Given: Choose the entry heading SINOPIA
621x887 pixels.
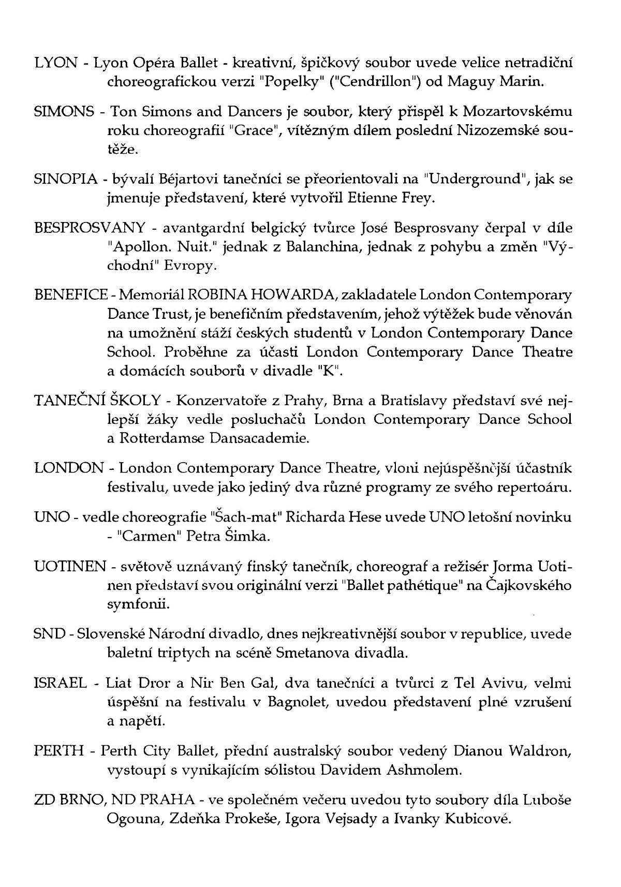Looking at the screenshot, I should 65,180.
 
